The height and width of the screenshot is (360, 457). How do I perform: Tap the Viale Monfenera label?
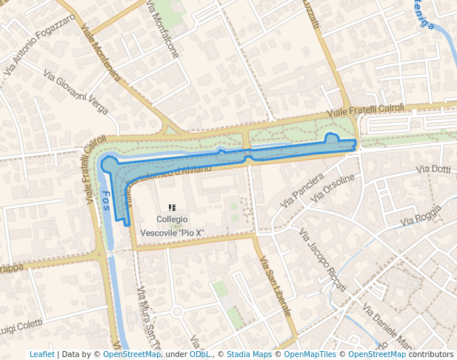coord(101,53)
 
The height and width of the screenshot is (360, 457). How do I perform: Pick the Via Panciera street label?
coord(302,190)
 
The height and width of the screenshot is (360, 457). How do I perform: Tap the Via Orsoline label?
coord(334,188)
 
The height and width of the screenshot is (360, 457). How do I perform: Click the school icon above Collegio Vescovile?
coord(172,208)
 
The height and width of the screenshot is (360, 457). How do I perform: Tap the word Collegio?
coord(172,219)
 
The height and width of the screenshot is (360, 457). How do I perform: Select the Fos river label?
coord(105,201)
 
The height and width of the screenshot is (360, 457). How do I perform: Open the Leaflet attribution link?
coord(41,354)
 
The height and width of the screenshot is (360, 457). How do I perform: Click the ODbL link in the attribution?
coord(199,354)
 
